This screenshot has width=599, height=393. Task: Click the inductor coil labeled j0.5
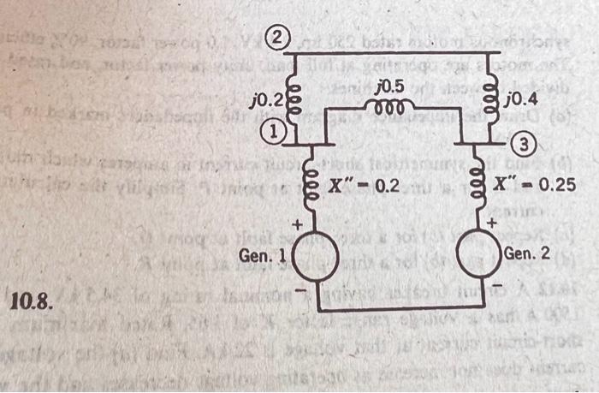point(389,104)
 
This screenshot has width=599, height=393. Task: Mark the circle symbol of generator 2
point(477,255)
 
